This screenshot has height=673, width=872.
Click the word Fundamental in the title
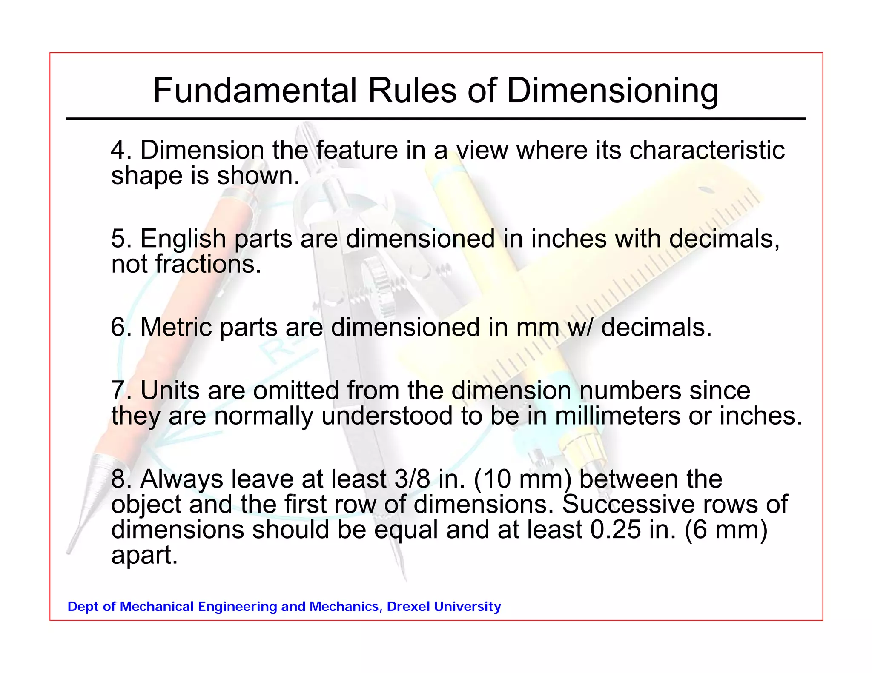(x=255, y=91)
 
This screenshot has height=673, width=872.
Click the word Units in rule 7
(x=169, y=391)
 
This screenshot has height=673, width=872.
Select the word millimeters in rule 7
(x=617, y=416)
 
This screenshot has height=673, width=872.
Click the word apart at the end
(x=144, y=556)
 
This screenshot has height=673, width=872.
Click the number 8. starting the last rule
(x=121, y=479)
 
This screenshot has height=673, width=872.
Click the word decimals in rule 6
(x=656, y=328)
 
